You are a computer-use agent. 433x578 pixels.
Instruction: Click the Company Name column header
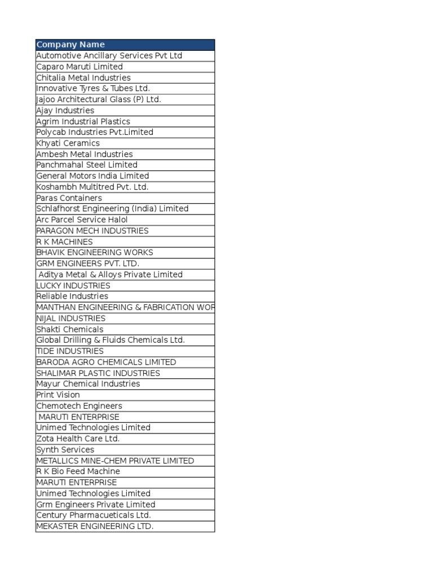point(70,45)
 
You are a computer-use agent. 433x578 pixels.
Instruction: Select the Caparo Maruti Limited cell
point(79,67)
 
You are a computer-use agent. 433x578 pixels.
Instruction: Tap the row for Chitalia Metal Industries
point(83,78)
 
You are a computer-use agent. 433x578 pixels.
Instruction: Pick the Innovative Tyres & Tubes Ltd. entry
point(93,89)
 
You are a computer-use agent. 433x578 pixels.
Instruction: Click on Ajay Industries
point(65,111)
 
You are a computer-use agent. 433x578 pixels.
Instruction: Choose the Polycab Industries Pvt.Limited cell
point(95,132)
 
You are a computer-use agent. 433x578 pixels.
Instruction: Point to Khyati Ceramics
point(68,143)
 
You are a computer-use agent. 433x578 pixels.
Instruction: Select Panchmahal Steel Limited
point(87,165)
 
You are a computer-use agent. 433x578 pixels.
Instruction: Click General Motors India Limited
point(92,176)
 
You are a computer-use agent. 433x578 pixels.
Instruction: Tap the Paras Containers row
point(69,198)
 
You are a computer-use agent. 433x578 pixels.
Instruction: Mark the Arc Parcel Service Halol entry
point(82,220)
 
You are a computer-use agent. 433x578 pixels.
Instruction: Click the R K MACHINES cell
point(64,242)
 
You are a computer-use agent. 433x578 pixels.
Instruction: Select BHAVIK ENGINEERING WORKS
point(95,252)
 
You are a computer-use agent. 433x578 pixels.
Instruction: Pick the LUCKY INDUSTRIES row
point(73,286)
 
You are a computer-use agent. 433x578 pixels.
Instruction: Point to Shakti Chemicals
point(70,329)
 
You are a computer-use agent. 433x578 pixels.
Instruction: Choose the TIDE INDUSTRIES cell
point(70,351)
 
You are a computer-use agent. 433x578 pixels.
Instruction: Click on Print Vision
point(58,395)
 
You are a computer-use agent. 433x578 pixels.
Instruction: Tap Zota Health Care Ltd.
point(78,439)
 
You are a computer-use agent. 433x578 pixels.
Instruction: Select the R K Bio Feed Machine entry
point(78,471)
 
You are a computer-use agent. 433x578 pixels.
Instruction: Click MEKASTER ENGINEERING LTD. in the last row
point(95,527)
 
